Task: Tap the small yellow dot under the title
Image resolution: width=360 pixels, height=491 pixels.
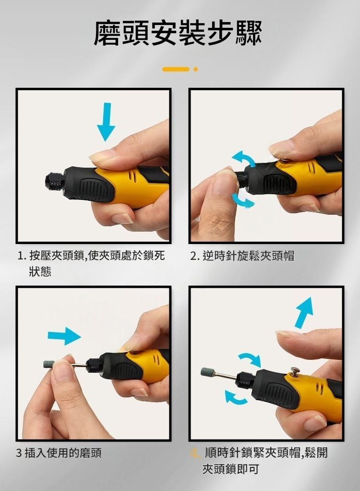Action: (196, 69)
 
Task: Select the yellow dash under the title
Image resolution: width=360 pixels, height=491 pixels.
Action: (176, 69)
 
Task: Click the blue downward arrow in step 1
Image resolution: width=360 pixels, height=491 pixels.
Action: (106, 122)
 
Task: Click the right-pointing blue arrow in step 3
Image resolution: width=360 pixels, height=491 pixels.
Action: (64, 336)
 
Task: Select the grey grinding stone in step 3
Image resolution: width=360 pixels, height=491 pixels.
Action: (48, 364)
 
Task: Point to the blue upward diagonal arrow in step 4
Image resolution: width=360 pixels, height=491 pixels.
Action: (303, 312)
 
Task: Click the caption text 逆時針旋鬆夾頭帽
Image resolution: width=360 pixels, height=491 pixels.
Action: (248, 256)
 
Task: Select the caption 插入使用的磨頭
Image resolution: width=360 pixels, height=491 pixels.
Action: (63, 453)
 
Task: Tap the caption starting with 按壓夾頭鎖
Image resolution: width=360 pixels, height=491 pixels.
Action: (96, 263)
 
